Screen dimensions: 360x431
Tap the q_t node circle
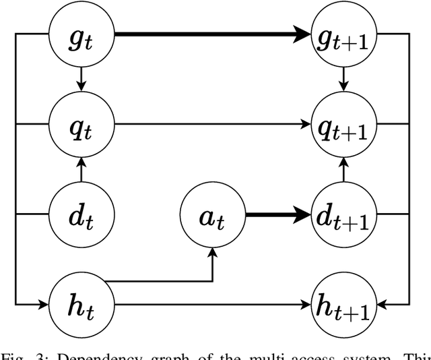[81, 124]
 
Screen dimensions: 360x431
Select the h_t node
[81, 306]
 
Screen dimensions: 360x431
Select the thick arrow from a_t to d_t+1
[278, 216]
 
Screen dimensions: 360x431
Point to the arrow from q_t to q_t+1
[212, 124]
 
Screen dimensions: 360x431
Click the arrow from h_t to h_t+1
[212, 306]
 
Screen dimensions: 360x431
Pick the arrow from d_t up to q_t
[81, 170]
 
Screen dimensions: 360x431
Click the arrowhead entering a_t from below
[213, 252]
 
